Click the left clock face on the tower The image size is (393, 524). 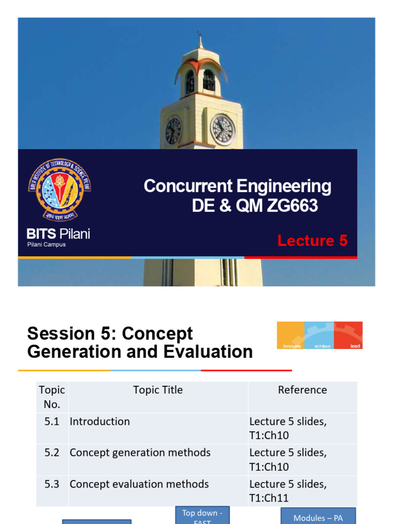pyautogui.click(x=173, y=130)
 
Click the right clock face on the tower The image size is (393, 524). pyautogui.click(x=223, y=129)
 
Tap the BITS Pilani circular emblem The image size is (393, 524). pyautogui.click(x=59, y=190)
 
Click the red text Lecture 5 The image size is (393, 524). pyautogui.click(x=312, y=241)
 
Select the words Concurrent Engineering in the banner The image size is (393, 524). pyautogui.click(x=237, y=186)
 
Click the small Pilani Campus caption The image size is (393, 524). pyautogui.click(x=47, y=245)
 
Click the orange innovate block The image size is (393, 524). pyautogui.click(x=291, y=335)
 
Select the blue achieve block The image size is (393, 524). pyautogui.click(x=319, y=335)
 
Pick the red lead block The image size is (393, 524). pyautogui.click(x=348, y=335)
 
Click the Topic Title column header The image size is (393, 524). pyautogui.click(x=158, y=390)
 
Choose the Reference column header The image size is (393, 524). pyautogui.click(x=302, y=390)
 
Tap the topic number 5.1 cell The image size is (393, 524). pyautogui.click(x=52, y=422)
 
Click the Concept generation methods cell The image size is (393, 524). pyautogui.click(x=140, y=453)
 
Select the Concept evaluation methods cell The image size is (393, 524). pyautogui.click(x=139, y=484)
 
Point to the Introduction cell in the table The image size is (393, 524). pyautogui.click(x=100, y=422)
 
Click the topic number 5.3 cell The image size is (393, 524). pyautogui.click(x=52, y=484)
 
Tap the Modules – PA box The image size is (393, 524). pyautogui.click(x=318, y=516)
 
